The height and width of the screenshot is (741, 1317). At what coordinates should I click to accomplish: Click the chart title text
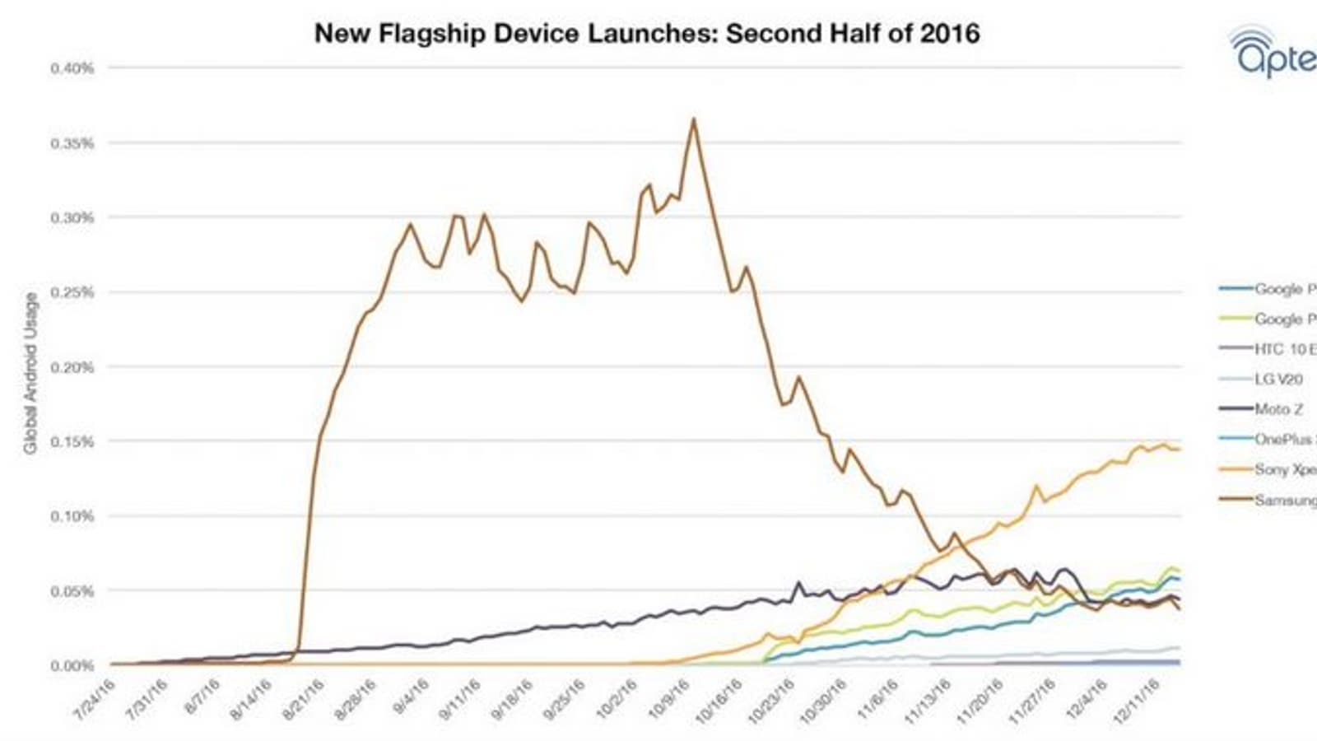pyautogui.click(x=647, y=34)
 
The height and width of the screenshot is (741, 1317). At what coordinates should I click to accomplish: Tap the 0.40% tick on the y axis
pyautogui.click(x=72, y=68)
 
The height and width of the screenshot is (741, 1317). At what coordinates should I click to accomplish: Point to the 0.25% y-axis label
pyautogui.click(x=72, y=292)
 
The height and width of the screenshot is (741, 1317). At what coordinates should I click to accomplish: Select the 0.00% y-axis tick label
pyautogui.click(x=72, y=665)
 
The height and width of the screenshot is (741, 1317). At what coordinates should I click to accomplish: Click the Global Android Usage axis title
pyautogui.click(x=30, y=372)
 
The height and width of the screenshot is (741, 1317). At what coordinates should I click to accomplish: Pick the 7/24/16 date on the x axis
pyautogui.click(x=95, y=701)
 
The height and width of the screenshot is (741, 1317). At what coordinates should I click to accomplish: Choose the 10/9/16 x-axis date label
pyautogui.click(x=669, y=701)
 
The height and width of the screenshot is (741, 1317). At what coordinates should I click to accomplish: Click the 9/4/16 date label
pyautogui.click(x=409, y=699)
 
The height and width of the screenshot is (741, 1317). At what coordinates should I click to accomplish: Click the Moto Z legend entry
pyautogui.click(x=1277, y=409)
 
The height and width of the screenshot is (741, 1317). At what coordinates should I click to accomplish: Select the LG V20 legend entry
pyautogui.click(x=1277, y=379)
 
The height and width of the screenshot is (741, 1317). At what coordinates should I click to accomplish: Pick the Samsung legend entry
pyautogui.click(x=1284, y=500)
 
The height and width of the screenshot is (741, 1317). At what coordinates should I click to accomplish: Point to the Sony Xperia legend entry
pyautogui.click(x=1284, y=469)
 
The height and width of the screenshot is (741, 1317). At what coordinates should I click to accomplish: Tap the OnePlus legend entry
pyautogui.click(x=1284, y=439)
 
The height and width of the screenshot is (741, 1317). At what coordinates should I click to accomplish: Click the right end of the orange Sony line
pyautogui.click(x=1180, y=450)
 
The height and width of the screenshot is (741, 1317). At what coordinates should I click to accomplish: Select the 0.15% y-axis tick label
pyautogui.click(x=72, y=441)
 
